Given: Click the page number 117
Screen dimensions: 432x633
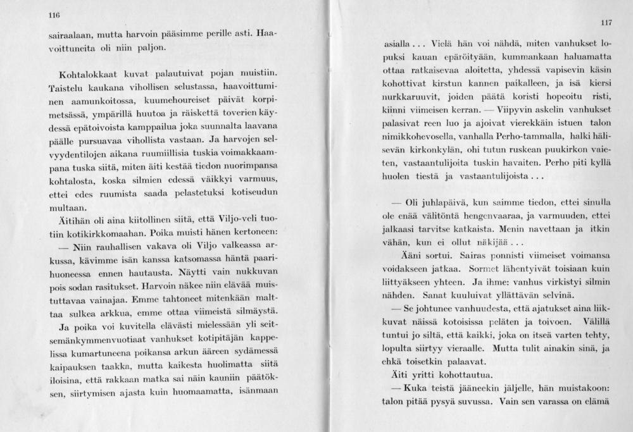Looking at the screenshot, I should pos(606,23).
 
